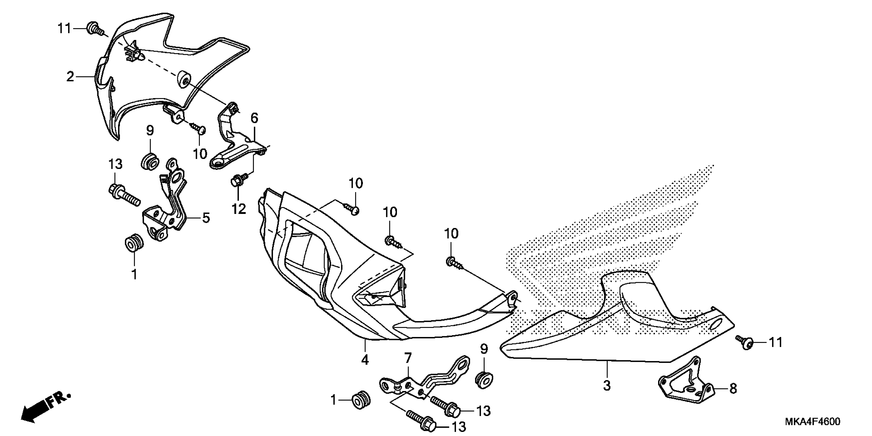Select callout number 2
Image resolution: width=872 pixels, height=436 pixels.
coord(70,77)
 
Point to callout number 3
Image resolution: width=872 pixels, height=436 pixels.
coord(607,385)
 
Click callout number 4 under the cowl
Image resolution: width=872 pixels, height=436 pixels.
coord(365,360)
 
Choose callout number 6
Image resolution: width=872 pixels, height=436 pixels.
coord(254,118)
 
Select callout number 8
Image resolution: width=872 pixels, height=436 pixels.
coord(733,389)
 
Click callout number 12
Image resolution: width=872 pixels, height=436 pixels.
coord(239,209)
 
